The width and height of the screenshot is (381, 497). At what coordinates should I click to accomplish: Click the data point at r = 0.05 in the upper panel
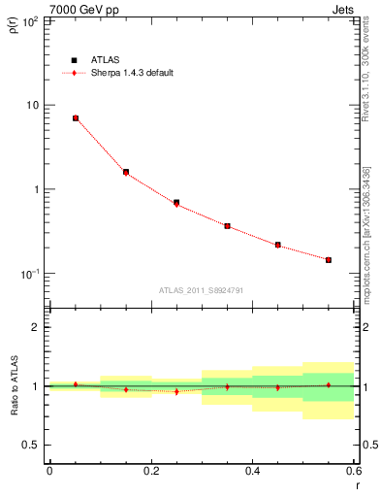(76, 118)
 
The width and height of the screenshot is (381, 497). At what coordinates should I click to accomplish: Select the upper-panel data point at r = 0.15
(126, 172)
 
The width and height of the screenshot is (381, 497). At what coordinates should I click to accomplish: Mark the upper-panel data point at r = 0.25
(176, 203)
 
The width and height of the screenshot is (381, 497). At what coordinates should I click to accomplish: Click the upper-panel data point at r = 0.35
(227, 226)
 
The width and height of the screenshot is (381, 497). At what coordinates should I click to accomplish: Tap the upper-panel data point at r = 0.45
(277, 245)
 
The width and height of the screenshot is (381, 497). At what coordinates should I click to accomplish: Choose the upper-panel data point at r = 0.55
(329, 259)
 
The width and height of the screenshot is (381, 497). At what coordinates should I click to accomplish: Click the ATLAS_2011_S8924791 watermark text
(201, 289)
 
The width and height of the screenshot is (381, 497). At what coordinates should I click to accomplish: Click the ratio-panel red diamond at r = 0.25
(176, 391)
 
